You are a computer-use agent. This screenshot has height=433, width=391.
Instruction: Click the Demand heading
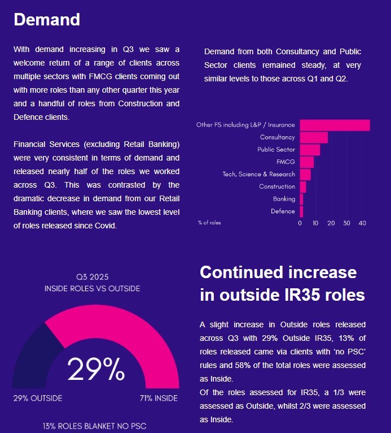pyautogui.click(x=47, y=20)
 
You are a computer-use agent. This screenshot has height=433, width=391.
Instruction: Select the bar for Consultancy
pyautogui.click(x=314, y=137)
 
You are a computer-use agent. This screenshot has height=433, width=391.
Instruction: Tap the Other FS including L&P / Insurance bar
pyautogui.click(x=335, y=125)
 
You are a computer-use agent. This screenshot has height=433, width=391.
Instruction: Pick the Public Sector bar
pyautogui.click(x=310, y=150)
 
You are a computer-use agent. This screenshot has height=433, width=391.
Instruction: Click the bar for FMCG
pyautogui.click(x=306, y=162)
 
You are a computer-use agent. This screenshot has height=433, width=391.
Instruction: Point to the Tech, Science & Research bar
pyautogui.click(x=305, y=174)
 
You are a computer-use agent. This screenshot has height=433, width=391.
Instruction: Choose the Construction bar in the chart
pyautogui.click(x=303, y=187)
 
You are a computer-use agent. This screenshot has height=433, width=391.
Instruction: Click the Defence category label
pyautogui.click(x=283, y=211)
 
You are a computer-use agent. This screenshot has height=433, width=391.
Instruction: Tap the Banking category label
pyautogui.click(x=284, y=199)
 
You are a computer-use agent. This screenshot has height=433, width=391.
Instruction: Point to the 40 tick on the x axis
pyautogui.click(x=362, y=223)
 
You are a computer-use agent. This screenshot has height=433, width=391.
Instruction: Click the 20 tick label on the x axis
pyautogui.click(x=331, y=223)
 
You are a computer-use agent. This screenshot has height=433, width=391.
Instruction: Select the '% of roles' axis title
pyautogui.click(x=209, y=223)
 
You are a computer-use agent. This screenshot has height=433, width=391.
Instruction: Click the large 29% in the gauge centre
pyautogui.click(x=96, y=370)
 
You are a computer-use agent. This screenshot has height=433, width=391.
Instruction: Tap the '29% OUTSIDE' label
pyautogui.click(x=38, y=398)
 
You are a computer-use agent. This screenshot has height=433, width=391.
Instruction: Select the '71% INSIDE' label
pyautogui.click(x=159, y=398)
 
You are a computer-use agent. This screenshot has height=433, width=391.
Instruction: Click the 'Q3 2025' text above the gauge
pyautogui.click(x=93, y=277)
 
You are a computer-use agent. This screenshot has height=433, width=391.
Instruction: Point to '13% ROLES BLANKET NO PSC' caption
pyautogui.click(x=94, y=426)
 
